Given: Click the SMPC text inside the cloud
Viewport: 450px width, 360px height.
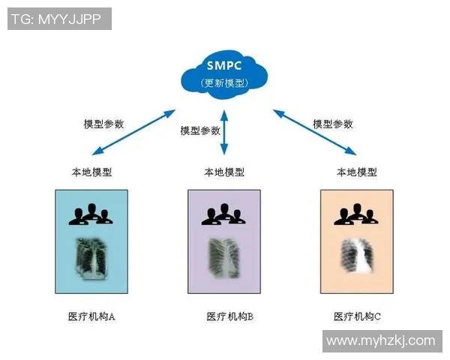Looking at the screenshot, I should coord(224,64).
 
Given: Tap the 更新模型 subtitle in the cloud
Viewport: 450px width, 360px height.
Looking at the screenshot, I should coord(224,82).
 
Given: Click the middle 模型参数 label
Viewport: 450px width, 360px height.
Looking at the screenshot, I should coord(200,130).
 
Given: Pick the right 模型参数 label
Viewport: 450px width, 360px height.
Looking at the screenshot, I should coord(332,124).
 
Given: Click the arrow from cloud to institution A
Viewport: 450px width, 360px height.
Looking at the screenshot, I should coord(131,132).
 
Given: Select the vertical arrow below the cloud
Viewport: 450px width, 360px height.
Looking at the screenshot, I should coord(224,131).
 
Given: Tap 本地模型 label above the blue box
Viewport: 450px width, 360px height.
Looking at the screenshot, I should coord(91,172).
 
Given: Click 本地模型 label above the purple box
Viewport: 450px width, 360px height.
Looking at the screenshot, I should coord(224,172).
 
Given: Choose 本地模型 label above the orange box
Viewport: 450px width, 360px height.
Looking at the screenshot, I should coord(356,172).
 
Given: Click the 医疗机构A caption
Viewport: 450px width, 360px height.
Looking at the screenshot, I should coord(91,316).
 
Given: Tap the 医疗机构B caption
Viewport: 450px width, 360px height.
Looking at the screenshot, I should coord(229,316).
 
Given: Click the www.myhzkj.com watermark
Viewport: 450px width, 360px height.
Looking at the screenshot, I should coord(381,340).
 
